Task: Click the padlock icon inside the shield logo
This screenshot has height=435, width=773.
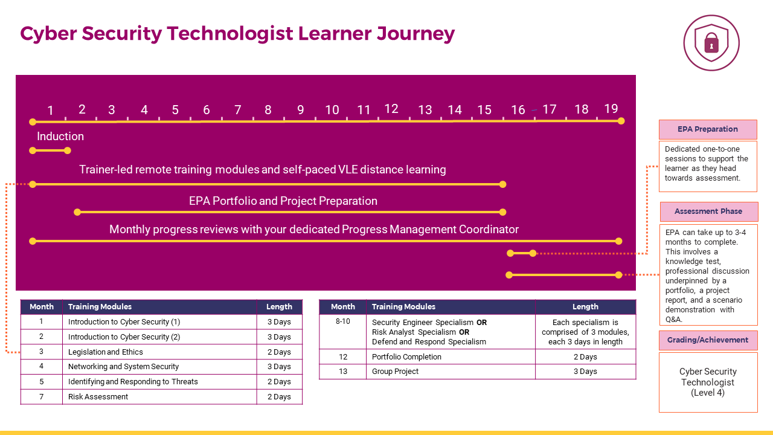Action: click(x=711, y=43)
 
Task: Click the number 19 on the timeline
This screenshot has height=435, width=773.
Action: click(x=611, y=109)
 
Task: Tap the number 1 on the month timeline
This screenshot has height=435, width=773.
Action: click(x=50, y=111)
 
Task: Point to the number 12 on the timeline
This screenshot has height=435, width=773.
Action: click(x=391, y=109)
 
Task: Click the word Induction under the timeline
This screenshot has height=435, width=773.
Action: click(x=60, y=137)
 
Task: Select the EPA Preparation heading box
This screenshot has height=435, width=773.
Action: click(x=708, y=129)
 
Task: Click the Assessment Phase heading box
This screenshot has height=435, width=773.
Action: click(x=709, y=211)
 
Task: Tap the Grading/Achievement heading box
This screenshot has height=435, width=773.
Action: click(x=708, y=340)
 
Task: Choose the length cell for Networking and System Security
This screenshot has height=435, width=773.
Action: click(x=280, y=367)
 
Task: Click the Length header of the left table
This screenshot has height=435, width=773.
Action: click(x=279, y=306)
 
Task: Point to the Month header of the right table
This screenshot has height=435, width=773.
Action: click(x=343, y=306)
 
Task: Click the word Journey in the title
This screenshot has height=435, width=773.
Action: click(x=415, y=34)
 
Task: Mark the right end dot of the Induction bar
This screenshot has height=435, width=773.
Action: click(x=68, y=150)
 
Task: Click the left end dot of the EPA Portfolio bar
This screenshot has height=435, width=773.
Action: click(x=77, y=212)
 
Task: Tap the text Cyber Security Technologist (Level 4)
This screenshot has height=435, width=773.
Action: click(x=708, y=382)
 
